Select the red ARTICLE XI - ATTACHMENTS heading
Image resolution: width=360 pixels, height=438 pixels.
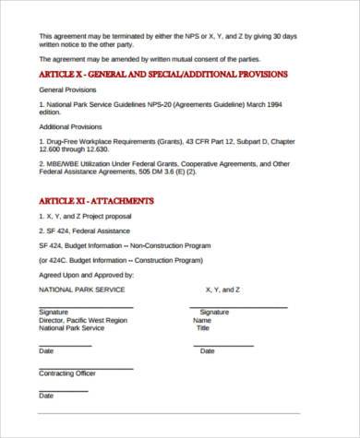(96, 200)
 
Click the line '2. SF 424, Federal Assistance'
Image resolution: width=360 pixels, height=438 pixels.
(85, 231)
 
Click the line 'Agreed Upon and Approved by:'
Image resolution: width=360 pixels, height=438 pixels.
(86, 275)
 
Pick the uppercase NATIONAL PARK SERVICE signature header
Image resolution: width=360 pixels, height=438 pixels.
(82, 290)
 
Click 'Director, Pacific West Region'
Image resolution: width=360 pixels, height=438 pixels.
(82, 320)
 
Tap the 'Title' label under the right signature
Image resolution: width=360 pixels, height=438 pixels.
(202, 327)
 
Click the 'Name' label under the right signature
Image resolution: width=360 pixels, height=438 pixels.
(202, 320)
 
